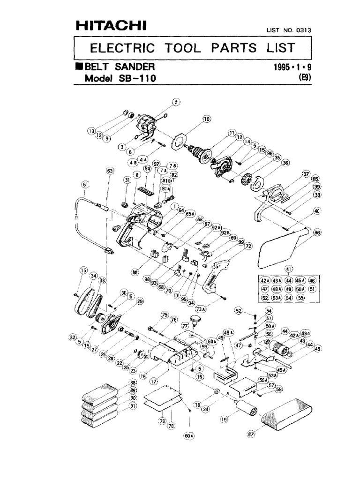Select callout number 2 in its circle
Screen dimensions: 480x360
176,103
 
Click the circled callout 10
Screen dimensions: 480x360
206,119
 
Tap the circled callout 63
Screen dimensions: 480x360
110,172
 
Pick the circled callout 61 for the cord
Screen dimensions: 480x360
85,185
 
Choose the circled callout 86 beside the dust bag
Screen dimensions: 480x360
317,232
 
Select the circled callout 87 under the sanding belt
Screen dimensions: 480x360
251,434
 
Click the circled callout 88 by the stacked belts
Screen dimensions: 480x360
133,383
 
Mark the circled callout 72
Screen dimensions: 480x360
248,246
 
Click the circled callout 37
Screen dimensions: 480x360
306,174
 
